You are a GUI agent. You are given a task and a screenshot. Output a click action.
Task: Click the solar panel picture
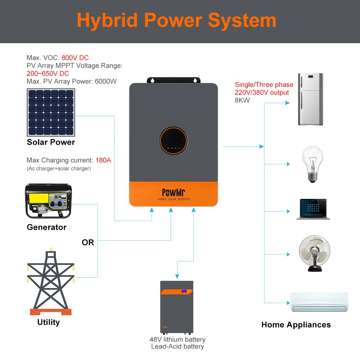[x=51, y=112]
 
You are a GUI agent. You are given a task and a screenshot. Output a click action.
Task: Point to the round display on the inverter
[x=174, y=140]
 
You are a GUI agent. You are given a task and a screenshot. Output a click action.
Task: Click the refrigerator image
[x=311, y=99]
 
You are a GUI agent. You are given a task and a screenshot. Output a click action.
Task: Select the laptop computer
[x=313, y=209]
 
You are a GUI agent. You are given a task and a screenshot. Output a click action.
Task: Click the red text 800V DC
[x=75, y=58]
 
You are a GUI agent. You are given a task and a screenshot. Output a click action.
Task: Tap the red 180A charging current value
[x=103, y=160]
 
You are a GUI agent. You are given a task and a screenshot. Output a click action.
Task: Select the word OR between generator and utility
[x=88, y=243]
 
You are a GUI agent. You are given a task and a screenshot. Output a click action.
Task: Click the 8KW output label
[x=242, y=100]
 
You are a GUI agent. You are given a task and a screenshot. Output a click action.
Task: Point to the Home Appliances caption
[x=296, y=325]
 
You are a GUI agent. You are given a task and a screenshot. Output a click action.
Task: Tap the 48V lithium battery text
[x=177, y=339]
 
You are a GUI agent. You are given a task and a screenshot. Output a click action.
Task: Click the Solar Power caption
[x=51, y=142]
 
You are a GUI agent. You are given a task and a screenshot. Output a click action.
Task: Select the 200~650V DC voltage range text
[x=48, y=73]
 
